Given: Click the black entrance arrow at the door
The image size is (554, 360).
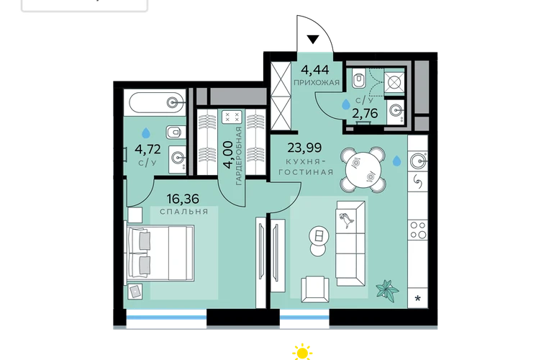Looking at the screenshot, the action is coord(313,40).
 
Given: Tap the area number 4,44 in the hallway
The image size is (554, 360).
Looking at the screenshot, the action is coord(315,70).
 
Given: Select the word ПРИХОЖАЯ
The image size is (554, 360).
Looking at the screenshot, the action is coord(317,83).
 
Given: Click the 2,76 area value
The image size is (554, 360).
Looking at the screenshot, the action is coord(365,113).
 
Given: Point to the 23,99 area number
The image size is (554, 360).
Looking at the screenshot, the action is coord(304,148).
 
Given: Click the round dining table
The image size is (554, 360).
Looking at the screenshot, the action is coord(363,170).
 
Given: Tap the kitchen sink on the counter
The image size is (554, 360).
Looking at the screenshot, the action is coord(419,161).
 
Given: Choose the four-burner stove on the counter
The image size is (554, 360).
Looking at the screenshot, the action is coord(418,230).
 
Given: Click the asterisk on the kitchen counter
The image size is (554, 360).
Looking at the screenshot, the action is coord(417,299).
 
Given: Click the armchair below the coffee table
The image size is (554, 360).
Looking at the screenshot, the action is coord(315,289).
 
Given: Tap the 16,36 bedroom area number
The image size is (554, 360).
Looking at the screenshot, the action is coord(183,199).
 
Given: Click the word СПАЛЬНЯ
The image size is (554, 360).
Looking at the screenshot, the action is coord(183,212).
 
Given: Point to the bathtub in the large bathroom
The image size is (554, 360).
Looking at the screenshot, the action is coord(158,102).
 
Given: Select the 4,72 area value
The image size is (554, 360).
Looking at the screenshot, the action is coord(147,149).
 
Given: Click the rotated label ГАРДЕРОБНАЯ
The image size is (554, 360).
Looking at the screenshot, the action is coord(239,156).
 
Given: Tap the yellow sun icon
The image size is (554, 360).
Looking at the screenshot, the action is coord(302,352).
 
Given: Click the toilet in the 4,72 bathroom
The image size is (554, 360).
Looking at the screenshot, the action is coord(176,132).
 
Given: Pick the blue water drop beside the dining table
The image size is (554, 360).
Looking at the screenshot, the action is coord(396,161).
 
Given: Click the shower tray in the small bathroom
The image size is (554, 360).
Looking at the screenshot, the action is coord(394,82).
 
